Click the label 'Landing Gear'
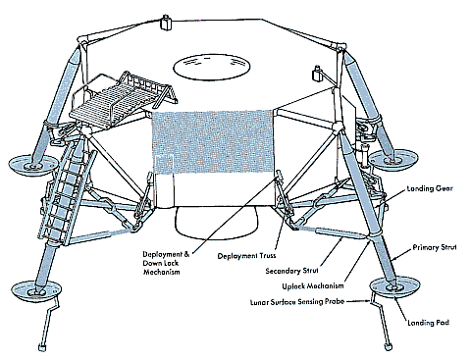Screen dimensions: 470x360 (x=430, y=188)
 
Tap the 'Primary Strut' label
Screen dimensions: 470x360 (x=434, y=247)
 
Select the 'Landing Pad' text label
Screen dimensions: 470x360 (x=428, y=323)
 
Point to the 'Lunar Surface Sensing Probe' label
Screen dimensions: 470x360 (x=297, y=302)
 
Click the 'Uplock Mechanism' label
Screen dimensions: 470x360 (x=313, y=286)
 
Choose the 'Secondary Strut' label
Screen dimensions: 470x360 (x=291, y=271)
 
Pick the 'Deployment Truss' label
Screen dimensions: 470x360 (x=246, y=256)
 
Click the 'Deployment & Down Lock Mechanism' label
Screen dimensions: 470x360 (x=166, y=263)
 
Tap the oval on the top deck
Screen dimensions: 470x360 (x=212, y=68)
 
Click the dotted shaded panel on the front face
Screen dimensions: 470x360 (x=213, y=141)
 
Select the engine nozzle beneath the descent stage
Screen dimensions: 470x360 (x=216, y=223)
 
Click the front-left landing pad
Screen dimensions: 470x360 (x=36, y=289)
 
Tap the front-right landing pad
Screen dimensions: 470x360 (x=394, y=287)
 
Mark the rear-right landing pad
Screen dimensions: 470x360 (x=392, y=160)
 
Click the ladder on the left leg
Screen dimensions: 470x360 (x=65, y=193)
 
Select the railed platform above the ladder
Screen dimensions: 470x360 (x=123, y=97)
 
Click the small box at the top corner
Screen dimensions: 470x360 (x=166, y=24)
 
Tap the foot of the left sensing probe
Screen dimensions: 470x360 (x=42, y=347)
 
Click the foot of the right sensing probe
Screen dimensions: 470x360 (x=388, y=346)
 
